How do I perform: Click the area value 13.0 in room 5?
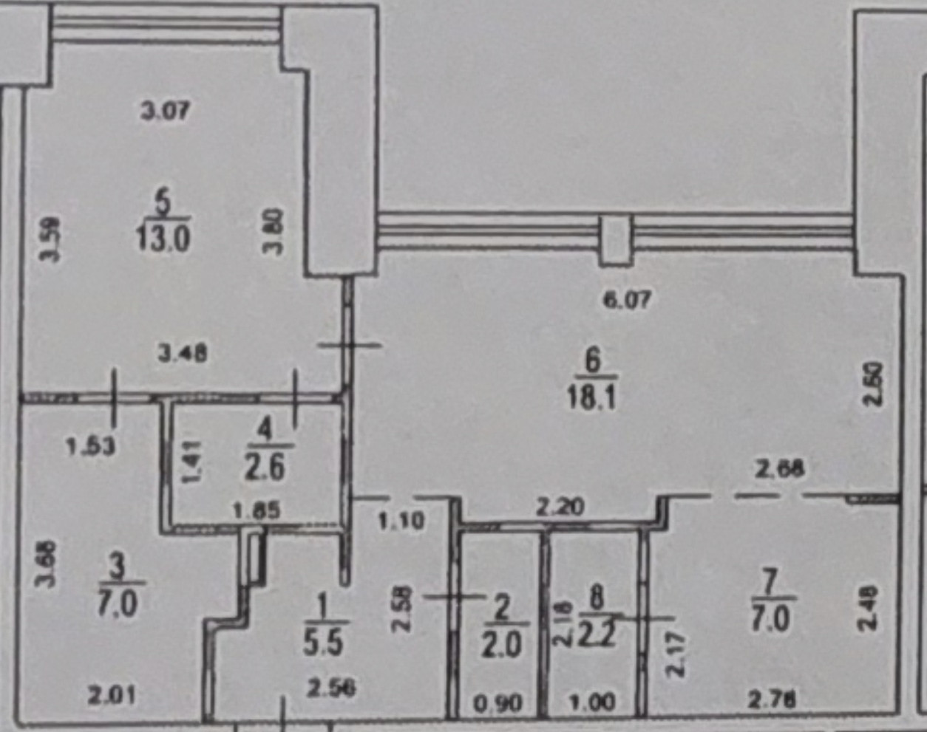pos(163,239)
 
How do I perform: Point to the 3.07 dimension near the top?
pos(166,112)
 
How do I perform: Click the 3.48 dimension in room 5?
pos(183,354)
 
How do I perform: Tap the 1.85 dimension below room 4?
pos(256,510)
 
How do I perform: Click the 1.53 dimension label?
pos(90,446)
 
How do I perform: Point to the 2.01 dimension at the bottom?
pos(111,695)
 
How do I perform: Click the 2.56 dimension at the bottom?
pos(331,688)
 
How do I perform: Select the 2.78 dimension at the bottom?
pos(772,699)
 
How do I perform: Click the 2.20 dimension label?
pos(560,507)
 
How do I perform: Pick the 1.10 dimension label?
pos(401,521)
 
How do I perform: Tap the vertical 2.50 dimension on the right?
pos(874,383)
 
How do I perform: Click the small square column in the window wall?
pos(615,240)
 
